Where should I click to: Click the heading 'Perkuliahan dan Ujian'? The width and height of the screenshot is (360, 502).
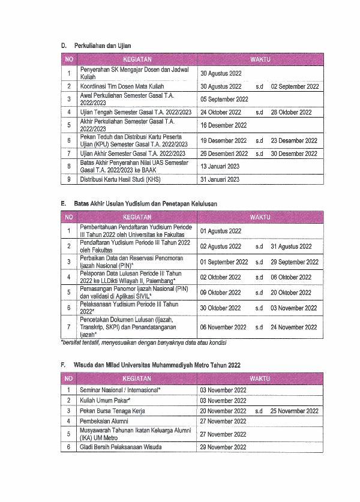coord(102,46)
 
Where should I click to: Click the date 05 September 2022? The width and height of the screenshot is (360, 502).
coord(224,100)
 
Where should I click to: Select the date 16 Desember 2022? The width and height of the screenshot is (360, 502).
coord(223,125)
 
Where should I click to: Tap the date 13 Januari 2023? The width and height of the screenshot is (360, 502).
coord(220,166)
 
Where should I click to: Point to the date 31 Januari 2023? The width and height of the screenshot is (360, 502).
coord(220,179)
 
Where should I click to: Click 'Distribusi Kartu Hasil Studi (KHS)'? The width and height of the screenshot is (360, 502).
coord(120,179)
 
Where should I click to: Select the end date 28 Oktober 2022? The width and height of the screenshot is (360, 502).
coord(291,112)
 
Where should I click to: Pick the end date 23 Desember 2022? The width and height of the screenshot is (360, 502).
coord(293,141)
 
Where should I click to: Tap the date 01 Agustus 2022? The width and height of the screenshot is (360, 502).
coord(221,231)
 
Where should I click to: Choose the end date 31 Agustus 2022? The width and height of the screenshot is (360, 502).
coord(291,247)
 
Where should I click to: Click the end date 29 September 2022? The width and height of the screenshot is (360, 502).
coord(295,262)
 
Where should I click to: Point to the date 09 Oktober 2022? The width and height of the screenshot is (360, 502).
coord(221,293)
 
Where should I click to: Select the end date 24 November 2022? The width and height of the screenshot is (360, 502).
coord(294,327)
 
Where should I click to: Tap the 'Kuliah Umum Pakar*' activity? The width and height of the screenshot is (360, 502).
coord(105,400)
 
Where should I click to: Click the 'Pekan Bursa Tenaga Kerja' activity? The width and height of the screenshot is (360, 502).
coord(112,411)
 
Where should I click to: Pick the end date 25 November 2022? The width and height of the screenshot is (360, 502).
coord(295,411)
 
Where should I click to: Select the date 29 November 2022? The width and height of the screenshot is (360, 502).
coord(223,447)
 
